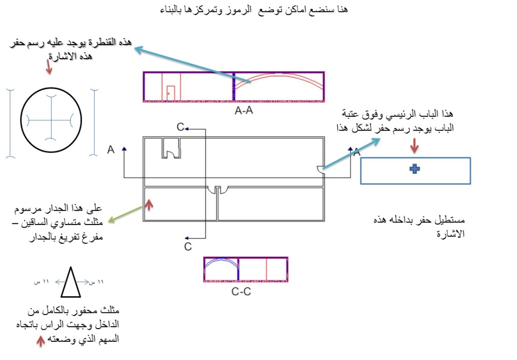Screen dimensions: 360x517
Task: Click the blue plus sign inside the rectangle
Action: pos(414,170)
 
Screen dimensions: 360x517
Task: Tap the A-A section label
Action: pos(244,111)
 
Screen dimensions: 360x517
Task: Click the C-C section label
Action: pos(242,291)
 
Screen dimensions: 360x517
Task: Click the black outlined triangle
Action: pos(70,283)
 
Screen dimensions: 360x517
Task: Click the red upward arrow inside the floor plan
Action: pos(149,205)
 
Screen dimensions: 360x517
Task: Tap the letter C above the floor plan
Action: pos(180,127)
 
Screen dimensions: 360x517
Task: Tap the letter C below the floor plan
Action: pos(187,247)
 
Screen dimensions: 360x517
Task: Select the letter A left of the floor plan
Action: pos(111,150)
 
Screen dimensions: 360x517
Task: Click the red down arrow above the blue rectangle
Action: pos(414,146)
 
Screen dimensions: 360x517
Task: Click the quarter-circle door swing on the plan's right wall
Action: pos(320,170)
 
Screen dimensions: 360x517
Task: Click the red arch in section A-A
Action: pos(278,81)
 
